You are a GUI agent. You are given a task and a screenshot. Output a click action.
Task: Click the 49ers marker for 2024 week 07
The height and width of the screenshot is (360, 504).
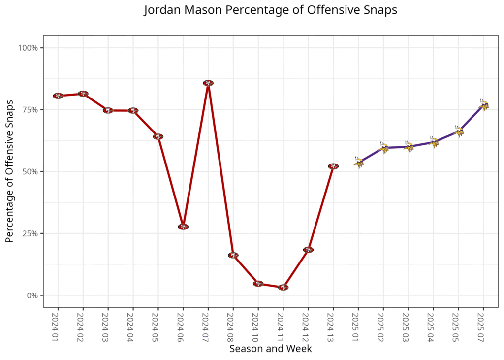208,83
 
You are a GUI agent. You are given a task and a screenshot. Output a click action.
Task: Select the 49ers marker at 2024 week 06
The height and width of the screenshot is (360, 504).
183,227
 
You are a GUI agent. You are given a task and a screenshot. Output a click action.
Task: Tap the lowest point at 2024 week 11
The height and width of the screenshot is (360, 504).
283,287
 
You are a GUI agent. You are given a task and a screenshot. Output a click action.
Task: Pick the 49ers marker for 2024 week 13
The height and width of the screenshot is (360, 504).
333,166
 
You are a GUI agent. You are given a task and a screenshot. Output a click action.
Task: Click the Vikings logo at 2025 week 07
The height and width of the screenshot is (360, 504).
483,105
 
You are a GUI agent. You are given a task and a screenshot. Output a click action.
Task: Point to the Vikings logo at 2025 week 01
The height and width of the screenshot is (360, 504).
358,162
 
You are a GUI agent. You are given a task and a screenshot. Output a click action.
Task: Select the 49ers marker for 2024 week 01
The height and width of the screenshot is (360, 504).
58,96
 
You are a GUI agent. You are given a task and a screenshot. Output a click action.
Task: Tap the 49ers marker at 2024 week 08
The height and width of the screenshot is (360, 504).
233,255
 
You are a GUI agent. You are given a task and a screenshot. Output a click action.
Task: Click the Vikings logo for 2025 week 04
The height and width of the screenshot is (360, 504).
434,142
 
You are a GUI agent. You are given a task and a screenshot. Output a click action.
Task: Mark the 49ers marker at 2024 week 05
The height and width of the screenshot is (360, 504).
158,136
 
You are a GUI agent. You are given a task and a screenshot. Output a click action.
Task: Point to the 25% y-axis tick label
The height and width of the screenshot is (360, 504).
31,233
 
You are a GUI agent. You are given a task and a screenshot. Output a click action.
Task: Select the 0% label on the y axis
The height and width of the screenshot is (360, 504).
32,295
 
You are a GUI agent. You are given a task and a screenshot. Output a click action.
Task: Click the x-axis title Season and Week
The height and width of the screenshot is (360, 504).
270,349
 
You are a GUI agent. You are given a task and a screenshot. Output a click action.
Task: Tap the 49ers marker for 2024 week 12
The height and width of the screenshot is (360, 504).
308,250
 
